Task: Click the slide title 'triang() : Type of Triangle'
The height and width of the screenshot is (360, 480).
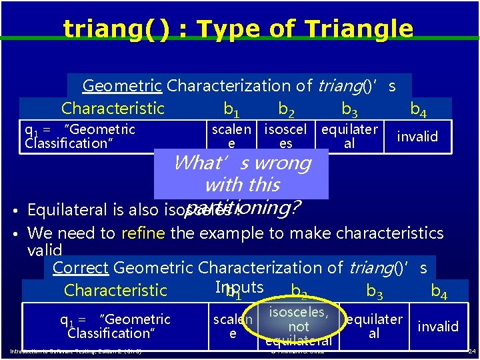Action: tap(238, 29)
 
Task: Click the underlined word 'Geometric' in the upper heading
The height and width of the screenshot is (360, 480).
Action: tap(122, 85)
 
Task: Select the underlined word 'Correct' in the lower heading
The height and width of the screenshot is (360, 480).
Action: tap(80, 268)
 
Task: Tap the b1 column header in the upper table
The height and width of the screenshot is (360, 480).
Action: tap(232, 109)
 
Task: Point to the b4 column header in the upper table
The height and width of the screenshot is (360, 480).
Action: tap(419, 109)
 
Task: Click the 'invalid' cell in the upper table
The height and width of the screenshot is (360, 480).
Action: tap(417, 137)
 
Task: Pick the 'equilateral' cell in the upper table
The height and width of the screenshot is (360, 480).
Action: tap(349, 136)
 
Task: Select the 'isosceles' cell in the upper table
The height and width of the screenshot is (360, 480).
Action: tap(285, 136)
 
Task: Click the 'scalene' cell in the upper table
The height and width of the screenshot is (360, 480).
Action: tap(231, 136)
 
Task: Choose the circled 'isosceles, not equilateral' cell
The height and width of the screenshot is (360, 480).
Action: tap(298, 326)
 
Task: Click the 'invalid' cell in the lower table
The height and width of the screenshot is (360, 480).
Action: tap(438, 326)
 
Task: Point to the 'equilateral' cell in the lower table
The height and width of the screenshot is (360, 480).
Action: tap(373, 326)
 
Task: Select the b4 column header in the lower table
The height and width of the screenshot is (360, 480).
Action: tap(439, 291)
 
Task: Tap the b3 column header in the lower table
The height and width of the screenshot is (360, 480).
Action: tap(375, 291)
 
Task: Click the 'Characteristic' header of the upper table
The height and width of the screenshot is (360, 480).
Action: tap(113, 109)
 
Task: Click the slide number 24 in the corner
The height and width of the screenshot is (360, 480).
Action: tap(471, 351)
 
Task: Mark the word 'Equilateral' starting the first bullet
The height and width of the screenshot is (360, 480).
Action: tap(66, 210)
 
